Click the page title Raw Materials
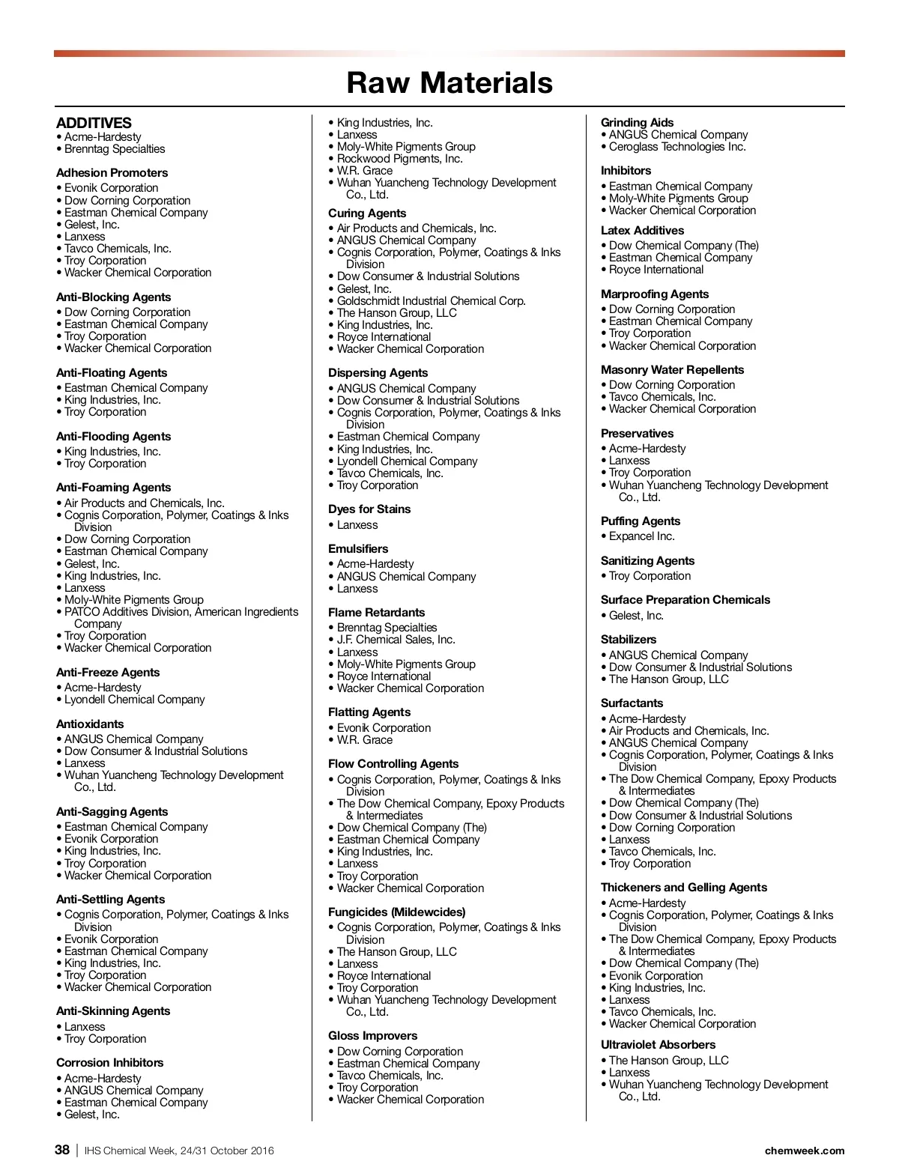tap(449, 82)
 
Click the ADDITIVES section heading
tap(94, 123)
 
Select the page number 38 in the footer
tap(62, 1150)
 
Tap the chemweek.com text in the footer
tap(805, 1151)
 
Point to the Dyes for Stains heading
tap(369, 509)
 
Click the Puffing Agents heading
tap(641, 521)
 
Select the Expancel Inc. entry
tap(642, 536)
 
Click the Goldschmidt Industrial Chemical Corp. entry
tap(431, 301)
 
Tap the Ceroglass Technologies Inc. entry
tap(677, 147)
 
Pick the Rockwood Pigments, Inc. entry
tap(399, 159)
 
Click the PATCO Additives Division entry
tap(181, 612)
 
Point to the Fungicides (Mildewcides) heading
tap(397, 912)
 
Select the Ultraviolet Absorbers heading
tap(658, 1045)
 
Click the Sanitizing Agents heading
tap(647, 561)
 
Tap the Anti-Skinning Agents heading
tap(113, 1011)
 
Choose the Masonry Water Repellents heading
tap(672, 370)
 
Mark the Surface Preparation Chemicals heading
tap(685, 600)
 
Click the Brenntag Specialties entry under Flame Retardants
tap(387, 628)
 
